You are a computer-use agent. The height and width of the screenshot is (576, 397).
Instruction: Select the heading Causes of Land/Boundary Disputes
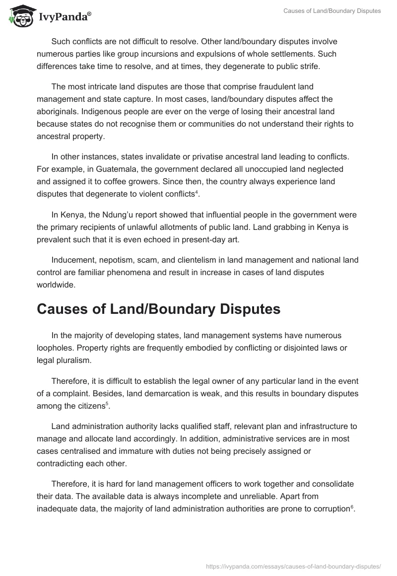[x=158, y=309]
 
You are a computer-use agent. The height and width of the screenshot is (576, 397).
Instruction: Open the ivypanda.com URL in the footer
[x=293, y=566]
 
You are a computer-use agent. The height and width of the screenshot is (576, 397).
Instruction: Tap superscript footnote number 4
[x=197, y=192]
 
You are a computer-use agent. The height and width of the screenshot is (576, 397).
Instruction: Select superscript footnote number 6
[x=351, y=506]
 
